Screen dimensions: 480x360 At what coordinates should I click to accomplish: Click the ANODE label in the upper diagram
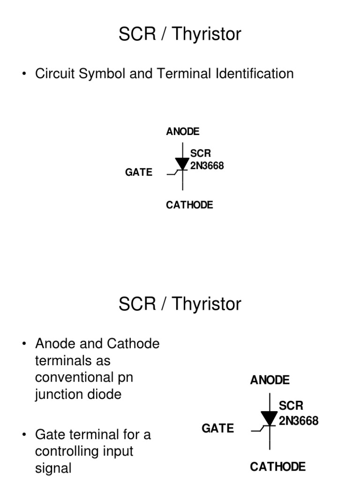[x=182, y=132]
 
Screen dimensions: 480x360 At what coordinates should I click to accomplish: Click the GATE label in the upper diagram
[x=139, y=172]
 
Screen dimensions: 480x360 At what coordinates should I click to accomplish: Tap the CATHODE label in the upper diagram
[x=189, y=205]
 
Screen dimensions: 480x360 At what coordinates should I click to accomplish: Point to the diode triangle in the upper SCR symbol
[x=182, y=163]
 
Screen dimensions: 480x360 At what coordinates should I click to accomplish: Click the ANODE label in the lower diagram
[x=270, y=380]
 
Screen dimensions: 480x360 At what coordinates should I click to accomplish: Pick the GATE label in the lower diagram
[x=217, y=428]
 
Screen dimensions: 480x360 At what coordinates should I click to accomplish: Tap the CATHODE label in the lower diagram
[x=277, y=466]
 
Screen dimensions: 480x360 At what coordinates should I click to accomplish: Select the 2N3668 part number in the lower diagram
[x=299, y=420]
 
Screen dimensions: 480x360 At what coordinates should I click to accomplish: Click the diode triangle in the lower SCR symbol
[x=269, y=418]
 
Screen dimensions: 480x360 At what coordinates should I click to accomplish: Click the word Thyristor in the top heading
[x=206, y=34]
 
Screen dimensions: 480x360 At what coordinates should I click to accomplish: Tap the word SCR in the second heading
[x=136, y=304]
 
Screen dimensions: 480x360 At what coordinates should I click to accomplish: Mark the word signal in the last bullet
[x=53, y=468]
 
